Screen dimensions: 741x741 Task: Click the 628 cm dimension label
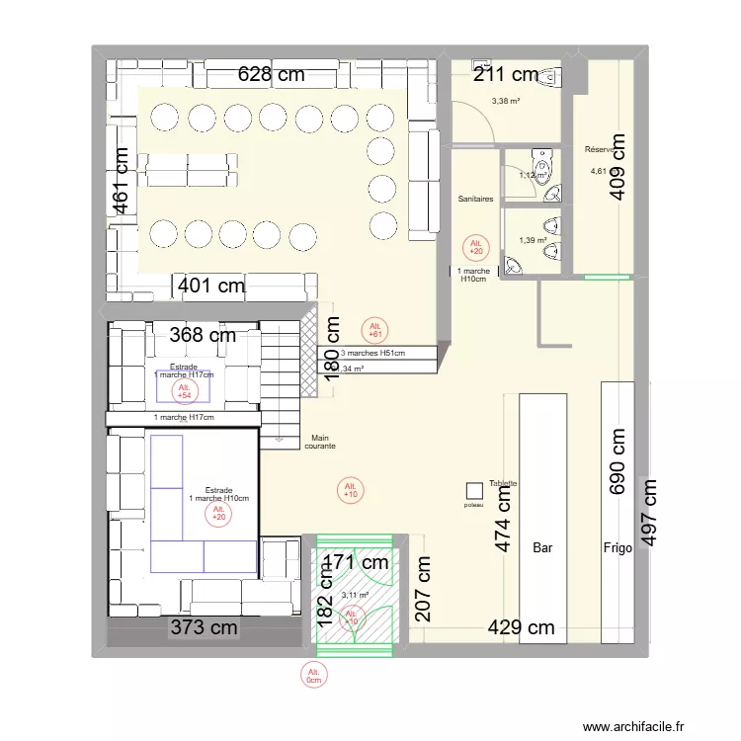tap(270, 74)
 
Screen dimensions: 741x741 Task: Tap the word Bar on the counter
tap(542, 547)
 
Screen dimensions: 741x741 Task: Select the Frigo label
tap(617, 547)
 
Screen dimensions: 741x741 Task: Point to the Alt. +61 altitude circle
tap(374, 330)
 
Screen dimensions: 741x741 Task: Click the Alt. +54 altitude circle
tap(184, 391)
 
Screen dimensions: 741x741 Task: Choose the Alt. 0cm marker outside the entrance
tap(314, 675)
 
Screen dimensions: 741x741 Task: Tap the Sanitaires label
tap(475, 199)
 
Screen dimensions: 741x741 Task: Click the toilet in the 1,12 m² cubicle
tap(540, 159)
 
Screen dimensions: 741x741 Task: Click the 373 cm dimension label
tap(205, 626)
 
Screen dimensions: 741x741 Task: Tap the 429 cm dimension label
tap(520, 626)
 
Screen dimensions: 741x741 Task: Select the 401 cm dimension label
tap(211, 287)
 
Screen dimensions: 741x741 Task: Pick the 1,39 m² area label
tap(533, 240)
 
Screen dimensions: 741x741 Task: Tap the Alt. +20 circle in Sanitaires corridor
tap(476, 247)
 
